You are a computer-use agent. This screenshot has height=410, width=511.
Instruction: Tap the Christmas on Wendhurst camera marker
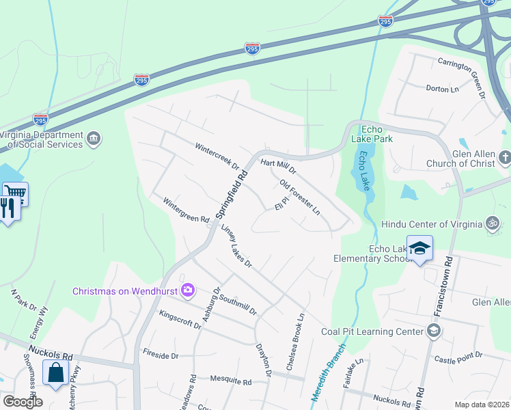187,291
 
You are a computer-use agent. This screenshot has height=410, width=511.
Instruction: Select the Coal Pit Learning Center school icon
432,332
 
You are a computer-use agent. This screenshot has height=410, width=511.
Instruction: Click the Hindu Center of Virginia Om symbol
491,223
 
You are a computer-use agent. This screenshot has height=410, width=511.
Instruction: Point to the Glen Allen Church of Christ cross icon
504,158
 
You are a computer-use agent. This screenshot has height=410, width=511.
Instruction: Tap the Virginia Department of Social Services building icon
95,139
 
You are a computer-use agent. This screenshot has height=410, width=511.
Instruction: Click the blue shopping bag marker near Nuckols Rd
55,372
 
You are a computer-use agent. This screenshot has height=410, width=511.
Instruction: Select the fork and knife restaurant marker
8,207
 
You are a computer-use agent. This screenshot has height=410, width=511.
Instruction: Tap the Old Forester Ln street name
300,197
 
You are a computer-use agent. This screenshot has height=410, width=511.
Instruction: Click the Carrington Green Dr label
464,72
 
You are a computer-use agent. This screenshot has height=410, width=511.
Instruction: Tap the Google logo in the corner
23,402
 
